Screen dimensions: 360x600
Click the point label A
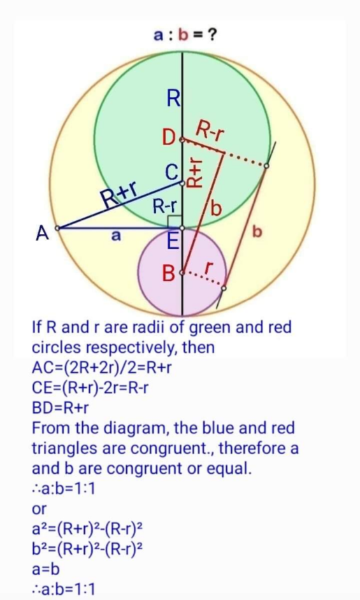point(43,233)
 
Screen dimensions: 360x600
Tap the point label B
point(168,273)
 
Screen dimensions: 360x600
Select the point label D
point(168,138)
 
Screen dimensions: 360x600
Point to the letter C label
point(172,172)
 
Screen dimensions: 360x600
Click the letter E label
point(173,242)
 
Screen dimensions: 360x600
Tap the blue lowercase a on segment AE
point(115,236)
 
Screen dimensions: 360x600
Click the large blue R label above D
point(173,99)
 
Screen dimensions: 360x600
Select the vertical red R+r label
point(195,173)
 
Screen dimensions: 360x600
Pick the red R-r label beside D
point(210,131)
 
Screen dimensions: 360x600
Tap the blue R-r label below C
point(165,207)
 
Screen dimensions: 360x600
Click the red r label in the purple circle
point(207,268)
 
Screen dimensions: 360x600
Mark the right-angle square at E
point(175,221)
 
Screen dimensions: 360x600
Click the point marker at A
point(57,229)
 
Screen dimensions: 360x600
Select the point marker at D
point(182,140)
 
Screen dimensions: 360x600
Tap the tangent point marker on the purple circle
point(224,287)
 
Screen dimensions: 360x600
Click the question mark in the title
point(212,36)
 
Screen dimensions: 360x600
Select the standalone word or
point(39,509)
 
